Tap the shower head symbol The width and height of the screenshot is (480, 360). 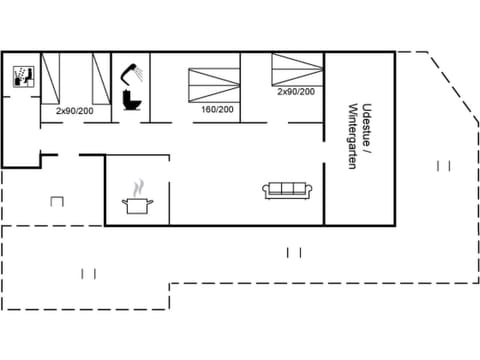[x=127, y=70]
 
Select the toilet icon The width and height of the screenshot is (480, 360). [x=129, y=100]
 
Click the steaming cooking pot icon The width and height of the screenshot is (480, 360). [x=137, y=205]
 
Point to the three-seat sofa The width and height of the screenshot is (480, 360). [x=290, y=189]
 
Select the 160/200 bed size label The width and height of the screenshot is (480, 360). [x=217, y=110]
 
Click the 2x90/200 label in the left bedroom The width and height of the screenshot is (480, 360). [x=74, y=110]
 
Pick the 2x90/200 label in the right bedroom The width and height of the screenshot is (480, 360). [x=296, y=92]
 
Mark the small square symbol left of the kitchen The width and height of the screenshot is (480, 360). [x=56, y=202]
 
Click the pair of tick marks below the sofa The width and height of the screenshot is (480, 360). [x=293, y=252]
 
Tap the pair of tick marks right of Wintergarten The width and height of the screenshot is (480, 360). [x=444, y=165]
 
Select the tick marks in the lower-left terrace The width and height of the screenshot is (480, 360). [x=88, y=273]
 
